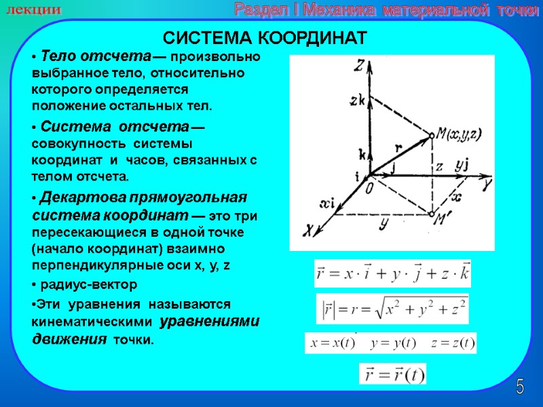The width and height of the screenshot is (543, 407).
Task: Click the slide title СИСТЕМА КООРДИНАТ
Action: [265, 37]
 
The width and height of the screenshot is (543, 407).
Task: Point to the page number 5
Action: [520, 387]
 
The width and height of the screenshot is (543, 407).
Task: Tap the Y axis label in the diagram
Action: [486, 182]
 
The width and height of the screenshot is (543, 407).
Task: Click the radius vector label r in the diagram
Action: [399, 147]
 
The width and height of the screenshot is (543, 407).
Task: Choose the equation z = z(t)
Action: [453, 343]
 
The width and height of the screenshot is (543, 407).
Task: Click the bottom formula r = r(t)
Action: [392, 374]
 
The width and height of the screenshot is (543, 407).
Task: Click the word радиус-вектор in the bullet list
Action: [88, 284]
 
